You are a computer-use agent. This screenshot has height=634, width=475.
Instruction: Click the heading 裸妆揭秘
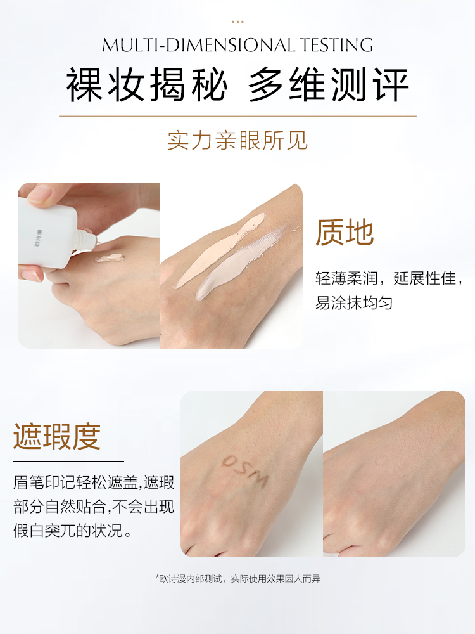pos(147,84)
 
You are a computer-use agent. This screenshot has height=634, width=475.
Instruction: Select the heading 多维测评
pos(329,84)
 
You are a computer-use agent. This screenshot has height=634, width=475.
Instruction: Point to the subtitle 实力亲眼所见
pos(237,140)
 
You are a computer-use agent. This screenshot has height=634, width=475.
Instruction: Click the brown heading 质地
pos(345,232)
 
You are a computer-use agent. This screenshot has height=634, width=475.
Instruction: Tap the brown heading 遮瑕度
pos(57,437)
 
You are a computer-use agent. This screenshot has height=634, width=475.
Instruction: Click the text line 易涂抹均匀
pos(354,302)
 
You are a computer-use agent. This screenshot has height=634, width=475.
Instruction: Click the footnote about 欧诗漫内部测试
pos(237,579)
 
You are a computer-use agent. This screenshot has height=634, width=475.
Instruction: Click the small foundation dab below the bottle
pos(110,258)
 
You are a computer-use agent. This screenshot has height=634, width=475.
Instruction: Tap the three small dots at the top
pos(237,22)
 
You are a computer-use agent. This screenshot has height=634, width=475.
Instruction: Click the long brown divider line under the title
pos(237,116)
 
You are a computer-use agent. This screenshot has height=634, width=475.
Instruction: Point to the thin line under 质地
pos(370,257)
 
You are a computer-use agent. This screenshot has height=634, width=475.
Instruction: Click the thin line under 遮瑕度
pos(68,461)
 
